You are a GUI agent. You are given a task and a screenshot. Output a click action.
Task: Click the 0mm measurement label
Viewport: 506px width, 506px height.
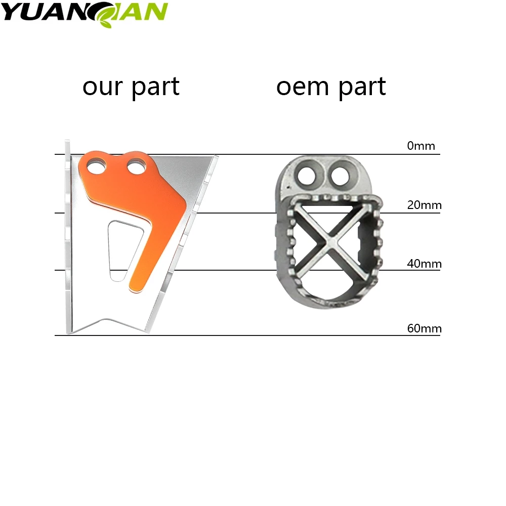tap(421, 146)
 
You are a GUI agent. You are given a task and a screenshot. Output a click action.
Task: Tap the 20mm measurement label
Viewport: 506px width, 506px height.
tap(424, 205)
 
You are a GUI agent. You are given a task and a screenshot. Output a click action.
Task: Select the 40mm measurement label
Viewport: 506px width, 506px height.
tap(424, 264)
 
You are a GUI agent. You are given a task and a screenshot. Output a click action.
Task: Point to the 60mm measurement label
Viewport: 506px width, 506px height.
tap(424, 328)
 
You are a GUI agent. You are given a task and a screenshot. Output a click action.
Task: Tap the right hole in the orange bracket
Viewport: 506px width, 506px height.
tap(136, 165)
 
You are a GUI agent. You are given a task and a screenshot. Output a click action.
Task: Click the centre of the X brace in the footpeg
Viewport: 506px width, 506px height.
tap(329, 241)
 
